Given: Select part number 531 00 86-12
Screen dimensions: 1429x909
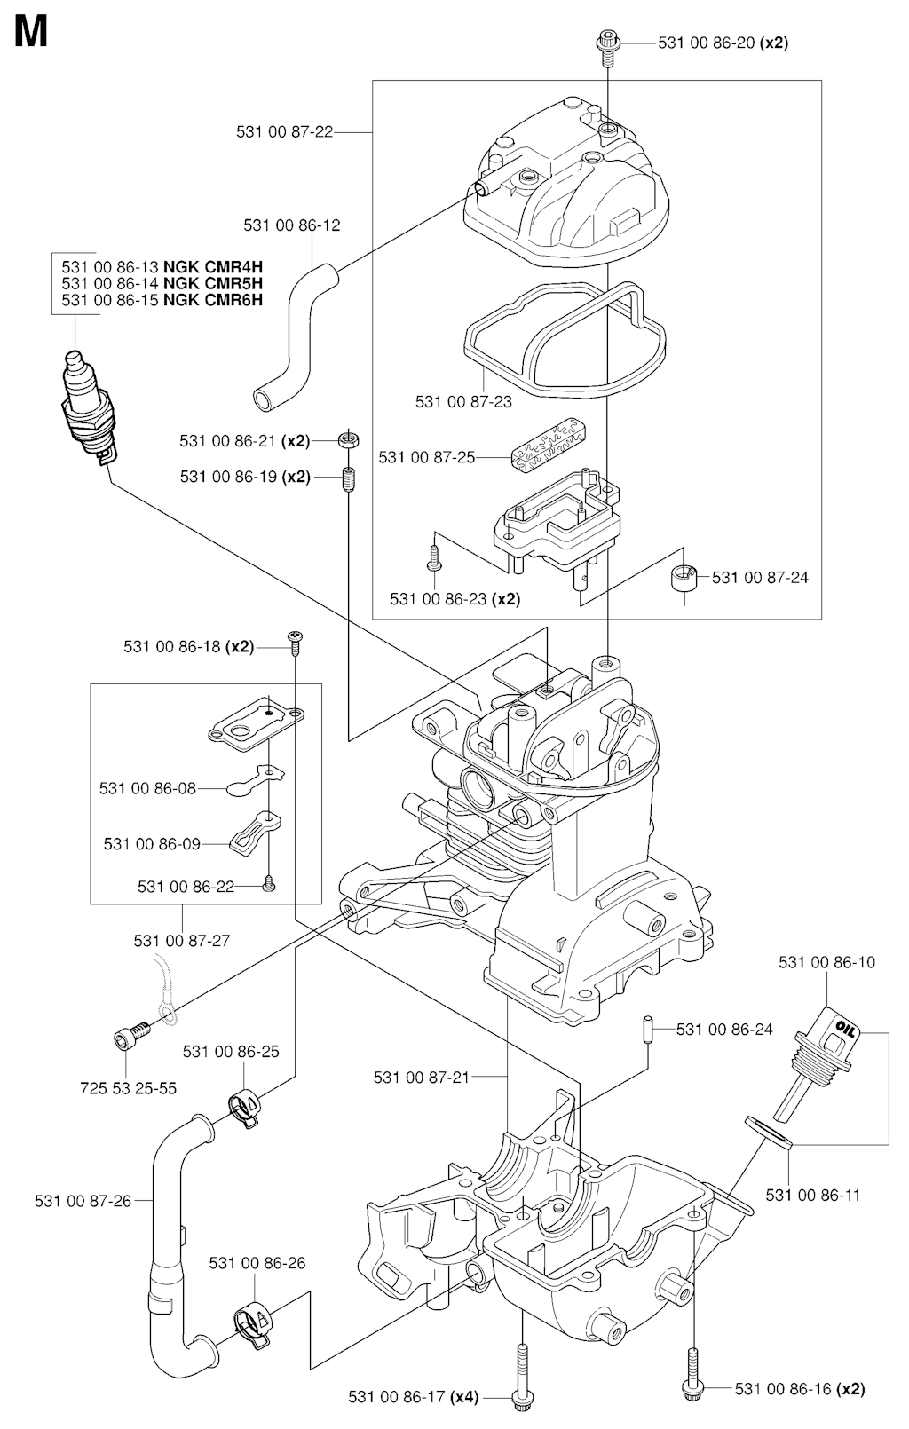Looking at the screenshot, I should (292, 225).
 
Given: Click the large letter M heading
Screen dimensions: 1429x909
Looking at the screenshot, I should (30, 34).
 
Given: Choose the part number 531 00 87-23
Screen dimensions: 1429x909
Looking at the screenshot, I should (463, 401).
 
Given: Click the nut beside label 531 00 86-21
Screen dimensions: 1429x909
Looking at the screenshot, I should (349, 439).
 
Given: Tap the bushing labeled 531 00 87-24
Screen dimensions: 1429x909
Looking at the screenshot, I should (684, 579).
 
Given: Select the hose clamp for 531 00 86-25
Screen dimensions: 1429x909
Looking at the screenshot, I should (246, 1107).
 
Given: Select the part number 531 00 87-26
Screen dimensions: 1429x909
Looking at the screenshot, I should (83, 1201).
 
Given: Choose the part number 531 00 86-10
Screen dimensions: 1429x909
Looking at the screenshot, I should (826, 962).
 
